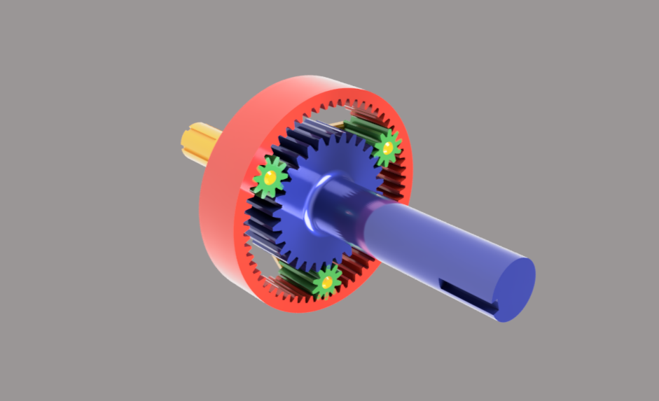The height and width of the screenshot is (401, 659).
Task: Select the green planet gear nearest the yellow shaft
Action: click(x=270, y=178)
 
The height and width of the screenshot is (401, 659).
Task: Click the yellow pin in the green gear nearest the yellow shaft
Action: click(x=270, y=178)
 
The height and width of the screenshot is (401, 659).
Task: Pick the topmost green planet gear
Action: click(x=387, y=148)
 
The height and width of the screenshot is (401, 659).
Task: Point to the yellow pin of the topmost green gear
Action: click(x=387, y=148)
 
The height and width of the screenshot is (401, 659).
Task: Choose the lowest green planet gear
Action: click(x=326, y=282)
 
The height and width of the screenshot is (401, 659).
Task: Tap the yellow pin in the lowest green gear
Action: click(x=326, y=282)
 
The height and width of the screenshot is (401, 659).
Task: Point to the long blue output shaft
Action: click(x=434, y=245)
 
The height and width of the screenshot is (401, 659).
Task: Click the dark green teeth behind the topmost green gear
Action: click(x=361, y=127)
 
